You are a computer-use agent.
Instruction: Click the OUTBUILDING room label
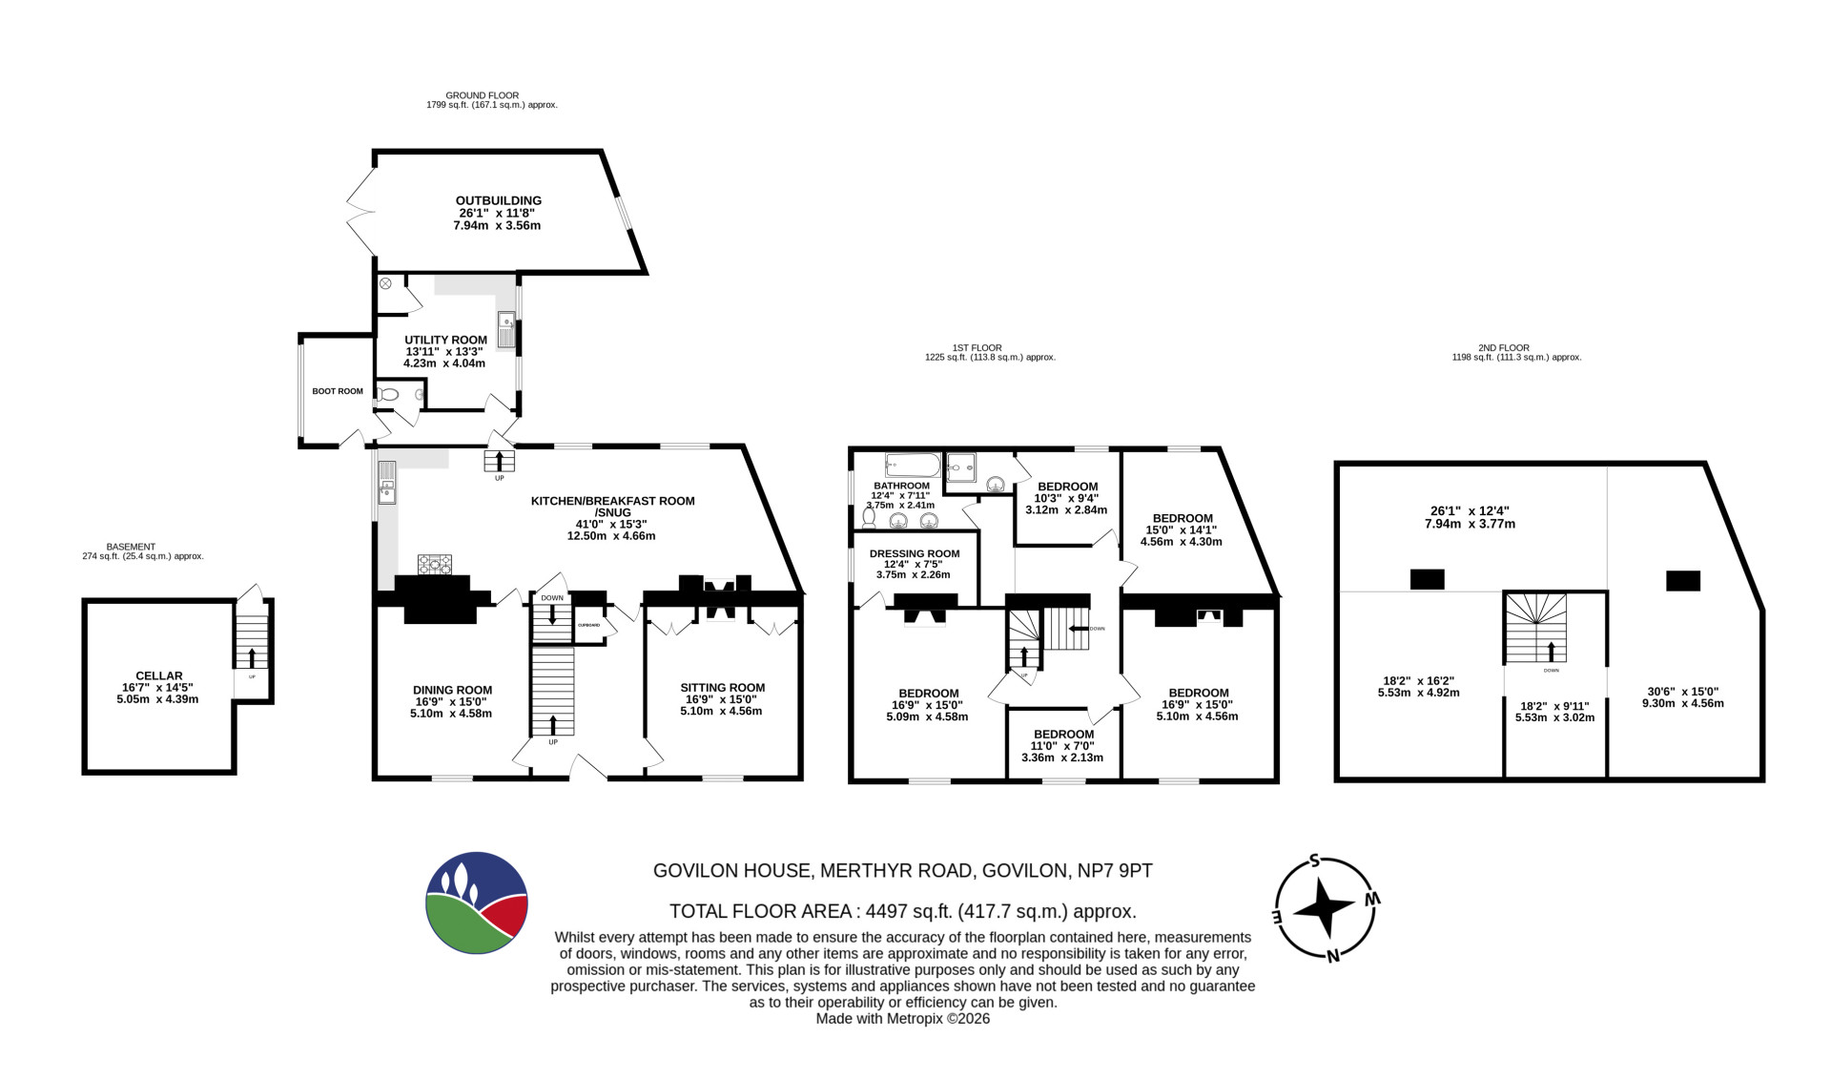tap(498, 200)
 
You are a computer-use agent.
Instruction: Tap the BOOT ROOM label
tap(338, 391)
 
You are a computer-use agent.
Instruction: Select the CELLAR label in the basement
tap(159, 675)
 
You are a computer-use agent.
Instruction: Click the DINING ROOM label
tap(452, 690)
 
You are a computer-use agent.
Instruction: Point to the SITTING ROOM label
tap(722, 687)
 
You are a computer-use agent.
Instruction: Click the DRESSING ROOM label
tap(915, 553)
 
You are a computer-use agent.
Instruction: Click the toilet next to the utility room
tap(387, 394)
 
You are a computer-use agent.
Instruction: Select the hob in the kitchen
tap(434, 564)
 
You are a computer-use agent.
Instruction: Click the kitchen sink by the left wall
tap(386, 483)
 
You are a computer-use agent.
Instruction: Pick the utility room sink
tap(505, 329)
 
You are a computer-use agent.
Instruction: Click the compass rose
tap(1326, 906)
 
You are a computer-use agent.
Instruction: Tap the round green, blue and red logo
tap(477, 903)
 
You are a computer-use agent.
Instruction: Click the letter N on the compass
tap(1333, 956)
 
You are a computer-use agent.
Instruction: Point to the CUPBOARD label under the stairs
tap(588, 625)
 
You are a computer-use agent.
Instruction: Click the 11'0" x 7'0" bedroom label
tap(1063, 746)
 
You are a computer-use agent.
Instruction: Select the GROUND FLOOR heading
tap(483, 95)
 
